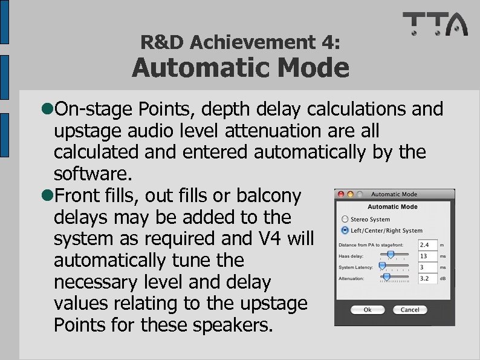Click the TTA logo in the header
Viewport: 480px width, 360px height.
(435, 25)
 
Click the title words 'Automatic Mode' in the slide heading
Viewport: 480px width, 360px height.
(241, 68)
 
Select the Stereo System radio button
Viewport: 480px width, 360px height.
(345, 219)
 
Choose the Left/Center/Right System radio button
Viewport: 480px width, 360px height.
(345, 231)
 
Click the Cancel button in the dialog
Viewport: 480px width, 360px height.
(409, 309)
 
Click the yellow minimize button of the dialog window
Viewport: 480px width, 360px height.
(349, 194)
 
